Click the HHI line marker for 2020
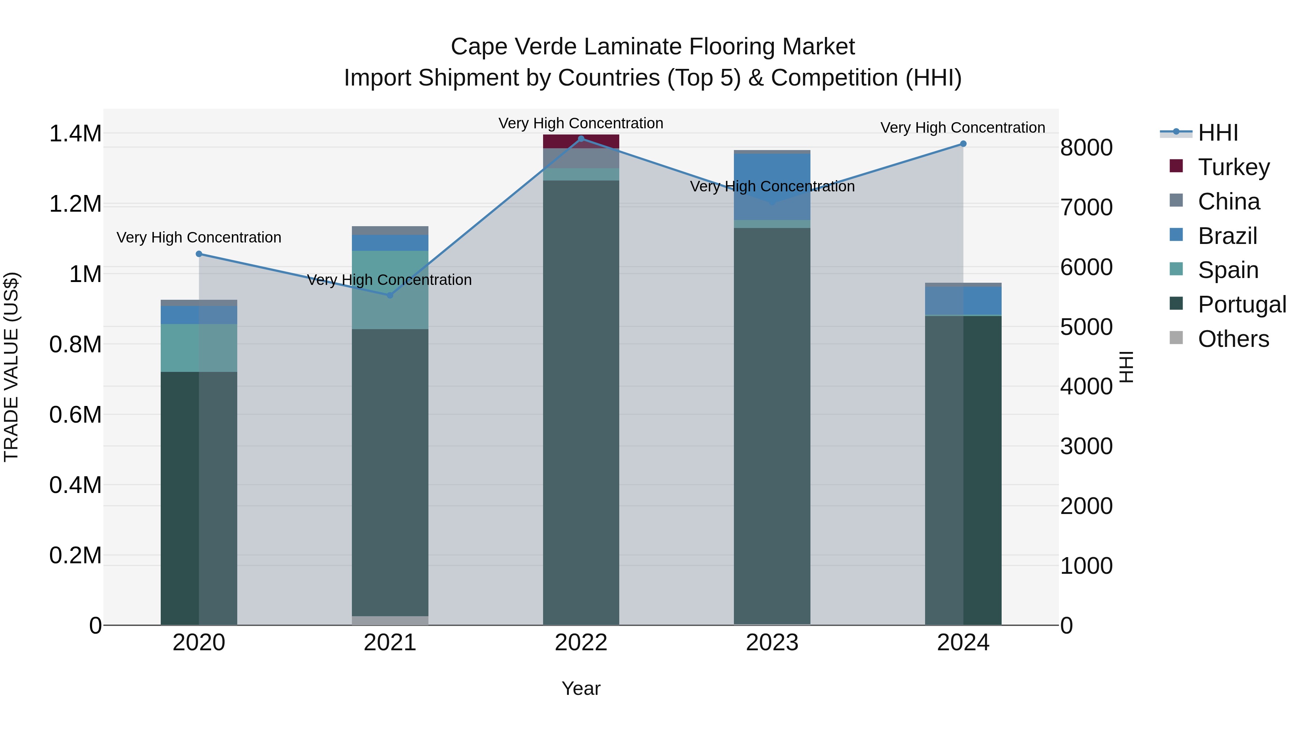tap(199, 254)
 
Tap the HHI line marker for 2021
tap(390, 295)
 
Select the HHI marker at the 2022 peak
tap(581, 139)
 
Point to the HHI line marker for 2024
tap(963, 144)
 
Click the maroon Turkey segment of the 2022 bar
tap(581, 141)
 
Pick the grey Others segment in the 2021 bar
tap(390, 620)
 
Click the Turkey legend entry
tap(1233, 167)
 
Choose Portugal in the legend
tap(1242, 304)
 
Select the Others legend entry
tap(1233, 339)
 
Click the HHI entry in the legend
tap(1218, 133)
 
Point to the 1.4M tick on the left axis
tap(75, 134)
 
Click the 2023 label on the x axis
tap(772, 643)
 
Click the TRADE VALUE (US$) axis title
tap(12, 367)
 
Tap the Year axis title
tap(581, 688)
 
